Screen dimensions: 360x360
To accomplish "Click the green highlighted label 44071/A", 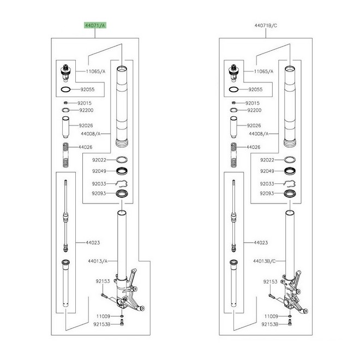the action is [x=95, y=25].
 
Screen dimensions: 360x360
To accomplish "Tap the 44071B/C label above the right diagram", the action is [x=266, y=26].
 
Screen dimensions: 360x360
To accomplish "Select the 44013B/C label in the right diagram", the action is [x=264, y=261].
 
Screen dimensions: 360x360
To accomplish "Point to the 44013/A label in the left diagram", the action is [x=98, y=261].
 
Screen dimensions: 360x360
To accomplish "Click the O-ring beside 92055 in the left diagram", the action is [x=65, y=89].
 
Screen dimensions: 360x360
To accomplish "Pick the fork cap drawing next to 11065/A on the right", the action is [x=233, y=73].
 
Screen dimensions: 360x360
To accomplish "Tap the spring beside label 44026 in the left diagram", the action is [x=65, y=155].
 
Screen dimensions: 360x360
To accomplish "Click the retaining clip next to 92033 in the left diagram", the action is [x=122, y=183].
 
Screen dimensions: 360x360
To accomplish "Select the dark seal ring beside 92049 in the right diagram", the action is [x=290, y=171].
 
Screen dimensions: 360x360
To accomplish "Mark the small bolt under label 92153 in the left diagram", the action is [x=105, y=296].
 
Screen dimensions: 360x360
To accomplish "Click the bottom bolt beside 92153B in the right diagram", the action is [x=290, y=323].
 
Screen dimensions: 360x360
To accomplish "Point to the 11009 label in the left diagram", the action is [x=103, y=316].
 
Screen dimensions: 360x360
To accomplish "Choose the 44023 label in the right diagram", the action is [x=261, y=242].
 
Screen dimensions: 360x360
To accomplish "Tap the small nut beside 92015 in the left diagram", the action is [x=65, y=103].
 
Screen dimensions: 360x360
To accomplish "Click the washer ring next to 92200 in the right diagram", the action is [x=233, y=110].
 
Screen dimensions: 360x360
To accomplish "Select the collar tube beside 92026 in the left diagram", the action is [x=65, y=127].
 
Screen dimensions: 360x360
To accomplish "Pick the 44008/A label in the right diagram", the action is [x=259, y=134].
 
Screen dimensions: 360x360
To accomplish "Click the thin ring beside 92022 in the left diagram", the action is [x=122, y=160].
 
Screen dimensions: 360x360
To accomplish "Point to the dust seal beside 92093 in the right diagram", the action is [x=290, y=194].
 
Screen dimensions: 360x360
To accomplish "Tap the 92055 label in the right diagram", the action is [x=255, y=89].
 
